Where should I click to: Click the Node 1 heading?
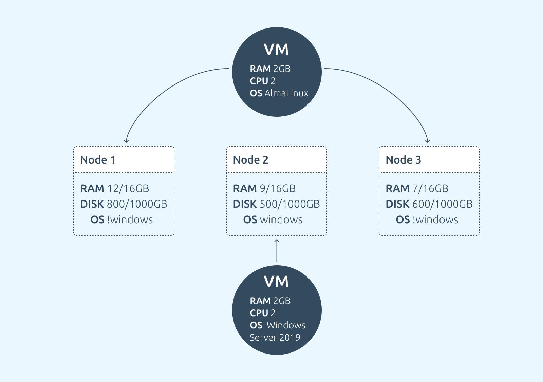(x=98, y=160)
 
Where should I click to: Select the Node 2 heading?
(x=251, y=160)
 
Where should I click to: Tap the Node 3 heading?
(x=404, y=160)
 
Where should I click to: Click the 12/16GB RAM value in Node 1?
(x=128, y=188)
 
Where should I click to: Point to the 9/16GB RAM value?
(x=278, y=188)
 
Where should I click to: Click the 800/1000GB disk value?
(x=137, y=204)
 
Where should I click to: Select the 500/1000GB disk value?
(x=290, y=204)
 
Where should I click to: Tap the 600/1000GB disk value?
(x=443, y=204)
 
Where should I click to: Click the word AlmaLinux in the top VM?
(x=286, y=93)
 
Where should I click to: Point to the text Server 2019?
(x=275, y=338)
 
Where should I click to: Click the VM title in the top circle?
(x=276, y=50)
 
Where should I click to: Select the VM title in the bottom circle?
(x=276, y=282)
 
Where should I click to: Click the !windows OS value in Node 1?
(x=130, y=220)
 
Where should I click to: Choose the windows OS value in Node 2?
(x=281, y=220)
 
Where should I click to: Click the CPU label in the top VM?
(x=259, y=81)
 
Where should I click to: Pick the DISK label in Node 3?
(x=397, y=204)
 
